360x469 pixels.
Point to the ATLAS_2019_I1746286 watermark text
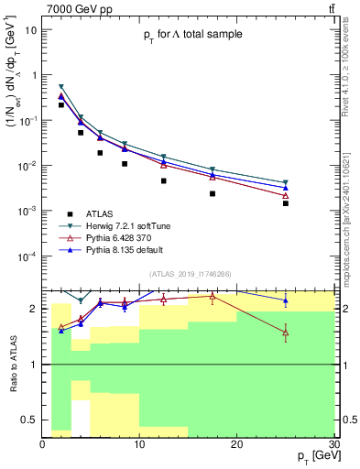[x=189, y=273]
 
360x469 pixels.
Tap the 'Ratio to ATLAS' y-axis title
[x=12, y=360]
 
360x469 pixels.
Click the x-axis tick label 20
[x=236, y=443]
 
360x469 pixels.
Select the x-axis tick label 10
[x=139, y=443]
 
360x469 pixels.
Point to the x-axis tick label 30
[x=333, y=443]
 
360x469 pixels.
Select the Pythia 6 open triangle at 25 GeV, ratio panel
[x=286, y=333]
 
